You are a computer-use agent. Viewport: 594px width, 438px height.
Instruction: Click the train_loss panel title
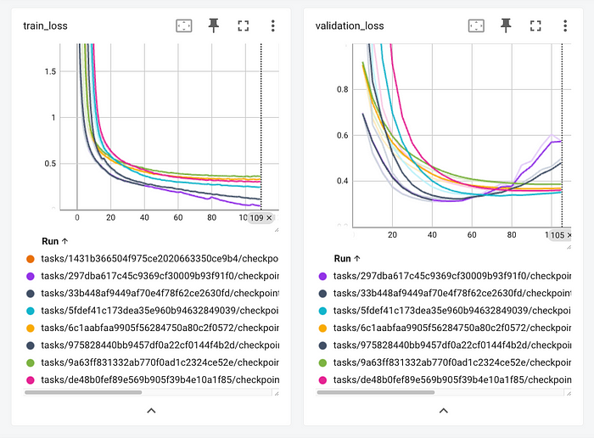45,25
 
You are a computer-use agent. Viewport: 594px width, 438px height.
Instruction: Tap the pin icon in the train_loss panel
213,25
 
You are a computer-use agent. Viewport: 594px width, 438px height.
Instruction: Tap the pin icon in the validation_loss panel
506,25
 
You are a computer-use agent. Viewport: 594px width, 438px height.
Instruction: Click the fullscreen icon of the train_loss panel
243,25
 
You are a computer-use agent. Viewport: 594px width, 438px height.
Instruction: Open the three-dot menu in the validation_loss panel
564,25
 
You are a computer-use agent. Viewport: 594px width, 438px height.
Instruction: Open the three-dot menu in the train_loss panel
272,25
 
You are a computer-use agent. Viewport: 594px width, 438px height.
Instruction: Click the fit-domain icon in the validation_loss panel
476,25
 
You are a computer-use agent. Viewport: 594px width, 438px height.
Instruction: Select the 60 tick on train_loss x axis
178,218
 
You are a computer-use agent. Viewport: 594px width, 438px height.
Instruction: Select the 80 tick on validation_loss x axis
512,234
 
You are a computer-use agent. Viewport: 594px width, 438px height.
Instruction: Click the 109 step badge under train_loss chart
261,218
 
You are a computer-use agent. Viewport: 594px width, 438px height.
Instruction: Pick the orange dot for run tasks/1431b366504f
31,258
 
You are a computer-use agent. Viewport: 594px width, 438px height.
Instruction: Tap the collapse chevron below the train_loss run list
151,410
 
